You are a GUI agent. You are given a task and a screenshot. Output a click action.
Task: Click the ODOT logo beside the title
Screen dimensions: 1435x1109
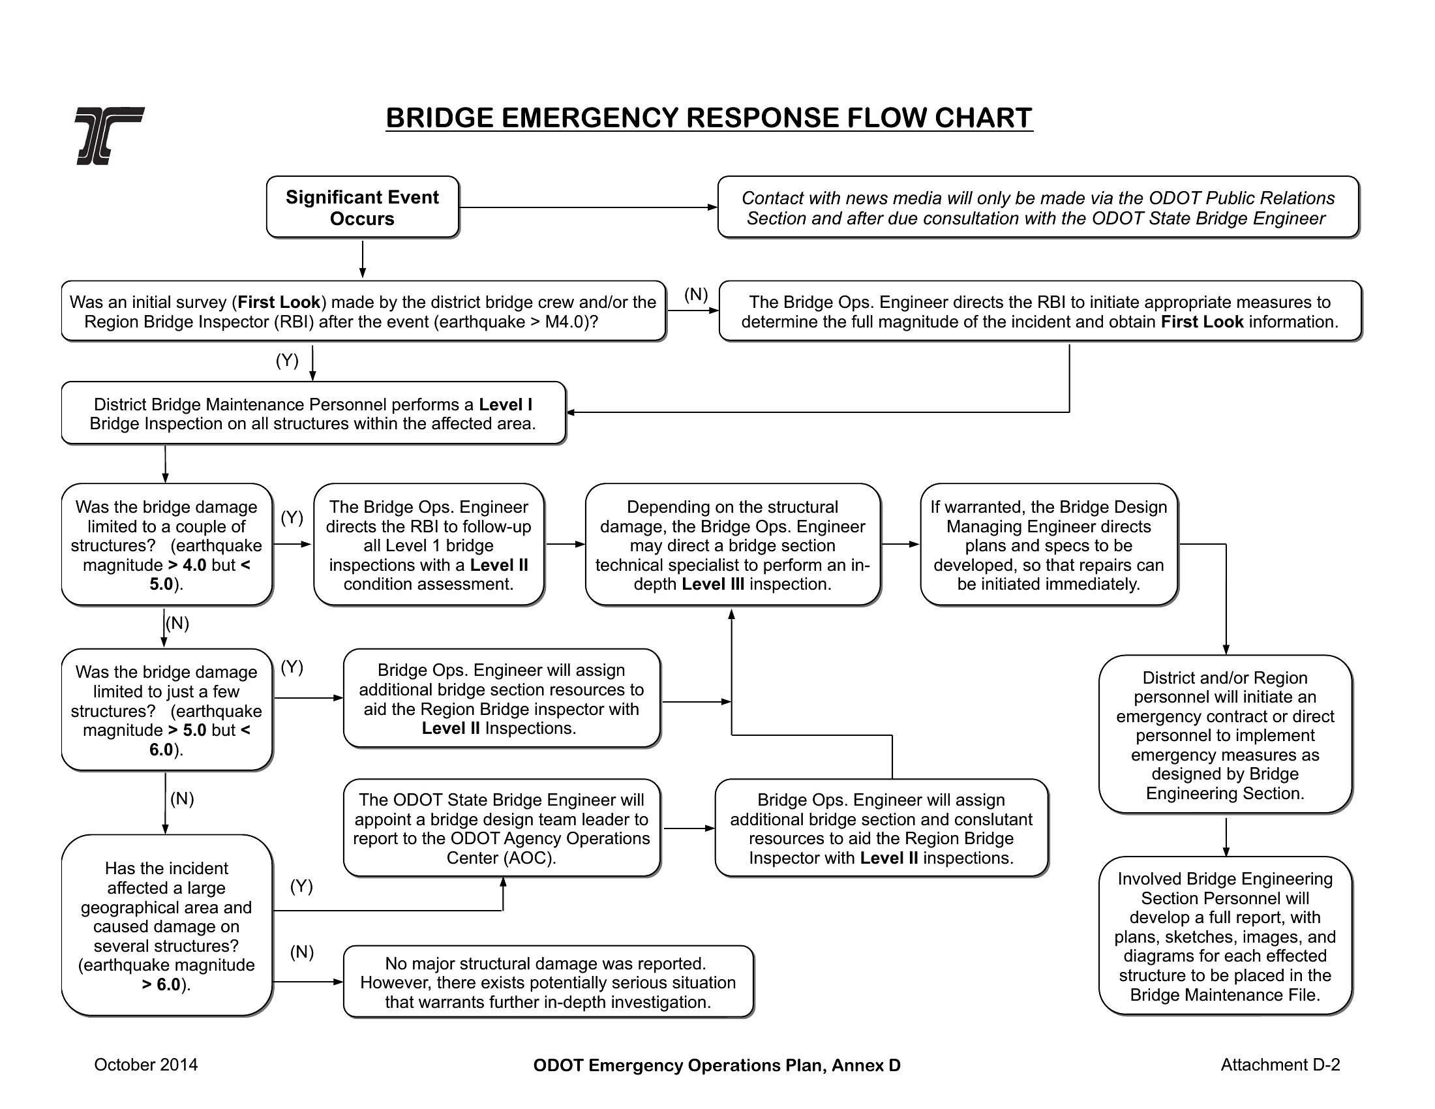coord(110,135)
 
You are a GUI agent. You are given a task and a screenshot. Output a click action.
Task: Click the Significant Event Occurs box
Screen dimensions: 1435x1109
coord(363,207)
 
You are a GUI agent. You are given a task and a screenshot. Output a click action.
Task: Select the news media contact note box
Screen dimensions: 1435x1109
coord(1038,207)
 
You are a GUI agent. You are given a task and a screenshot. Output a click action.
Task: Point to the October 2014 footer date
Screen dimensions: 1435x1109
coord(146,1065)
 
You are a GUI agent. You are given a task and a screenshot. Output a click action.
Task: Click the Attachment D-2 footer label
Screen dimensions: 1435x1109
coord(1280,1065)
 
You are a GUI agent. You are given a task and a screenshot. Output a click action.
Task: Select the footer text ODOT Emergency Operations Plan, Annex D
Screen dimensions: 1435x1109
coord(717,1066)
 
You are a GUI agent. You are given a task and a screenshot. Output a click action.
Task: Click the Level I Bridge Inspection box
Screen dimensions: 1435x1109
coord(313,413)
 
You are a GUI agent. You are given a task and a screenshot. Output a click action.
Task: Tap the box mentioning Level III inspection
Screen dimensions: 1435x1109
coord(733,545)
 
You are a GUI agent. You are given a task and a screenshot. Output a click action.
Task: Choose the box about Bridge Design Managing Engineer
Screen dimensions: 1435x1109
coord(1049,545)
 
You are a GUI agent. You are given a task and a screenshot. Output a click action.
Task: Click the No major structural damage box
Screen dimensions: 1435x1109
coord(549,982)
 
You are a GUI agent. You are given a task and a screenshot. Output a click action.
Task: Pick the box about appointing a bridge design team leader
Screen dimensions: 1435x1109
coord(502,828)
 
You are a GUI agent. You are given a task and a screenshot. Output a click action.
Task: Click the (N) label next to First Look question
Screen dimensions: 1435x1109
coord(696,294)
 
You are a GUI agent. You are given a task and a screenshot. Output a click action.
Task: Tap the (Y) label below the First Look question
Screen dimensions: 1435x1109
coord(287,360)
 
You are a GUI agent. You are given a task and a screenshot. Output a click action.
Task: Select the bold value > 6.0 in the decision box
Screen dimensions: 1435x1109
coord(161,984)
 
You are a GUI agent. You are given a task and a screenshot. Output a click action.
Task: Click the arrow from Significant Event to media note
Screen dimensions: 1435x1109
coord(588,207)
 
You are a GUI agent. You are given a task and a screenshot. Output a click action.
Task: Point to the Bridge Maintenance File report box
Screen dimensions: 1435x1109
coord(1226,936)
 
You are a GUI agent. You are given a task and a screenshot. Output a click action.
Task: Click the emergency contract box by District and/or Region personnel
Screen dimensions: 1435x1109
coord(1226,735)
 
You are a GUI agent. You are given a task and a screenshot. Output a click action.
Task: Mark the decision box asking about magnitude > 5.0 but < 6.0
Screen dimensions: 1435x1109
coord(167,710)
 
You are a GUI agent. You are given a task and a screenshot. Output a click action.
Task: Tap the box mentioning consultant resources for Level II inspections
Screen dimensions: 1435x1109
coord(881,828)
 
